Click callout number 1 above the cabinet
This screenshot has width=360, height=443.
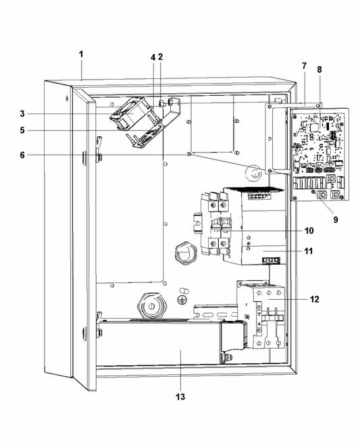[x=81, y=54]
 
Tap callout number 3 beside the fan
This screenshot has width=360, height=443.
[x=22, y=114]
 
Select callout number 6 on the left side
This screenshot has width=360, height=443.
[x=22, y=155]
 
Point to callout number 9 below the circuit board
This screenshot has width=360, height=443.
[x=336, y=219]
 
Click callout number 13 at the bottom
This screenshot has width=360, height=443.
[x=180, y=397]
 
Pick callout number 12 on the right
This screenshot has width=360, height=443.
[x=314, y=299]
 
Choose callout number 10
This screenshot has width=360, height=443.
[x=309, y=231]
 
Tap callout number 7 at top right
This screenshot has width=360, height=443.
[x=304, y=66]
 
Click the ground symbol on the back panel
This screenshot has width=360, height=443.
[x=182, y=300]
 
